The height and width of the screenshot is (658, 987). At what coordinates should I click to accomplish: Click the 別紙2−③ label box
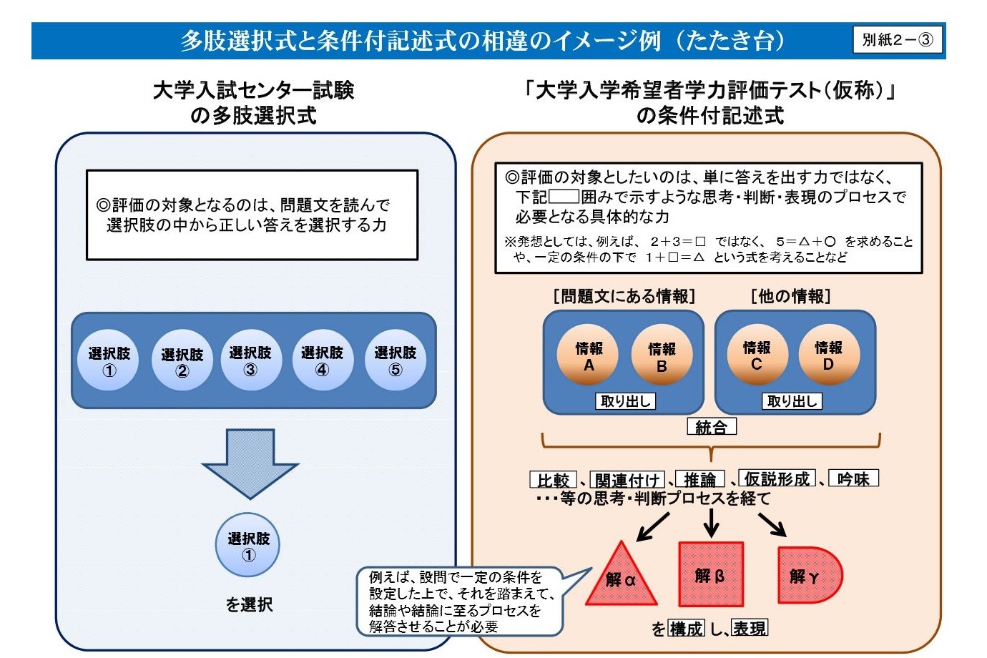897,39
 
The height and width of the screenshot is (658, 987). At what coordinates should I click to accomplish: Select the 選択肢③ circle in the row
251,360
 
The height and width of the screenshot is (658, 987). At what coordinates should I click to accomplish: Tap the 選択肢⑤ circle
396,360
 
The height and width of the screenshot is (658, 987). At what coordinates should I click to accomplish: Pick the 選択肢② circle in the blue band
182,360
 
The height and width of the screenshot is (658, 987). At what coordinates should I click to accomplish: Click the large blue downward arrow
250,463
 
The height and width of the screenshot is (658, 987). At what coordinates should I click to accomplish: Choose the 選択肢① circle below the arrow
247,545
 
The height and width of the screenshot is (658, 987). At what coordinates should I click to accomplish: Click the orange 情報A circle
588,355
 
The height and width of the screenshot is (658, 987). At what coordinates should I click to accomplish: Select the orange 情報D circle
829,355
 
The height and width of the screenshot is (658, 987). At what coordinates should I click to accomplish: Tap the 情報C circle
757,355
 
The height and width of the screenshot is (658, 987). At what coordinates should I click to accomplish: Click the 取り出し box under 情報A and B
625,401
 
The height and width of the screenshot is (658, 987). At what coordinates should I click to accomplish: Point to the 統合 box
712,426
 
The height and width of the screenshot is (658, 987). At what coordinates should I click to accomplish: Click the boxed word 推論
699,479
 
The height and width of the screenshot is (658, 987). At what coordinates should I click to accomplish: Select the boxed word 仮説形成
777,478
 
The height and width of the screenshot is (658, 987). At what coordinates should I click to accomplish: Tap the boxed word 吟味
853,478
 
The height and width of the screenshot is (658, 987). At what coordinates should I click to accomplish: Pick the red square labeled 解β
711,574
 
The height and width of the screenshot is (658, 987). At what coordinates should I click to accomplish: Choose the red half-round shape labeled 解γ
810,575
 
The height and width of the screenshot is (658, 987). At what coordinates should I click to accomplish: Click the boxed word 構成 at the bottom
686,628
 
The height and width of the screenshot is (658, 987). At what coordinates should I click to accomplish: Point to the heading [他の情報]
791,296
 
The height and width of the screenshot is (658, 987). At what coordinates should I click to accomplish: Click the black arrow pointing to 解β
711,523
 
